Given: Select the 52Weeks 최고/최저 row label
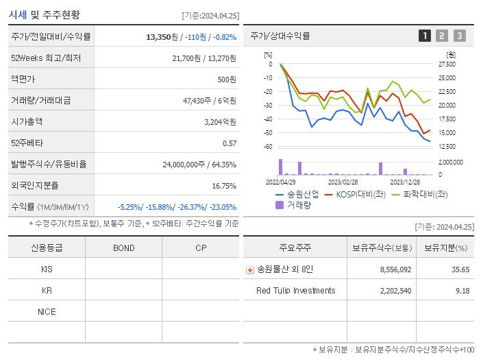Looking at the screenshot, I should tap(46, 58).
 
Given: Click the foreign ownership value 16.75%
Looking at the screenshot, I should tap(223, 185).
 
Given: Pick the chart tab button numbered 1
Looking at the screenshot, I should tap(425, 36).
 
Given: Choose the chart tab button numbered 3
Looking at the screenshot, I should tap(459, 36).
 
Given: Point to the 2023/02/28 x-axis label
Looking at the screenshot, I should tap(343, 182).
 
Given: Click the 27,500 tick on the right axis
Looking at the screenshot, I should tap(447, 64).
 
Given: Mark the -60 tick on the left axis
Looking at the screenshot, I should tap(268, 147).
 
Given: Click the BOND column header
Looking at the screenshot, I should tap(123, 248).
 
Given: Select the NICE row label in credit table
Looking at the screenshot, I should tap(47, 311).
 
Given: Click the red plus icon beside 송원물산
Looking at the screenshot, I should tap(250, 269).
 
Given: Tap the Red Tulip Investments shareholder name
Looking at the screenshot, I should tap(296, 291).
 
